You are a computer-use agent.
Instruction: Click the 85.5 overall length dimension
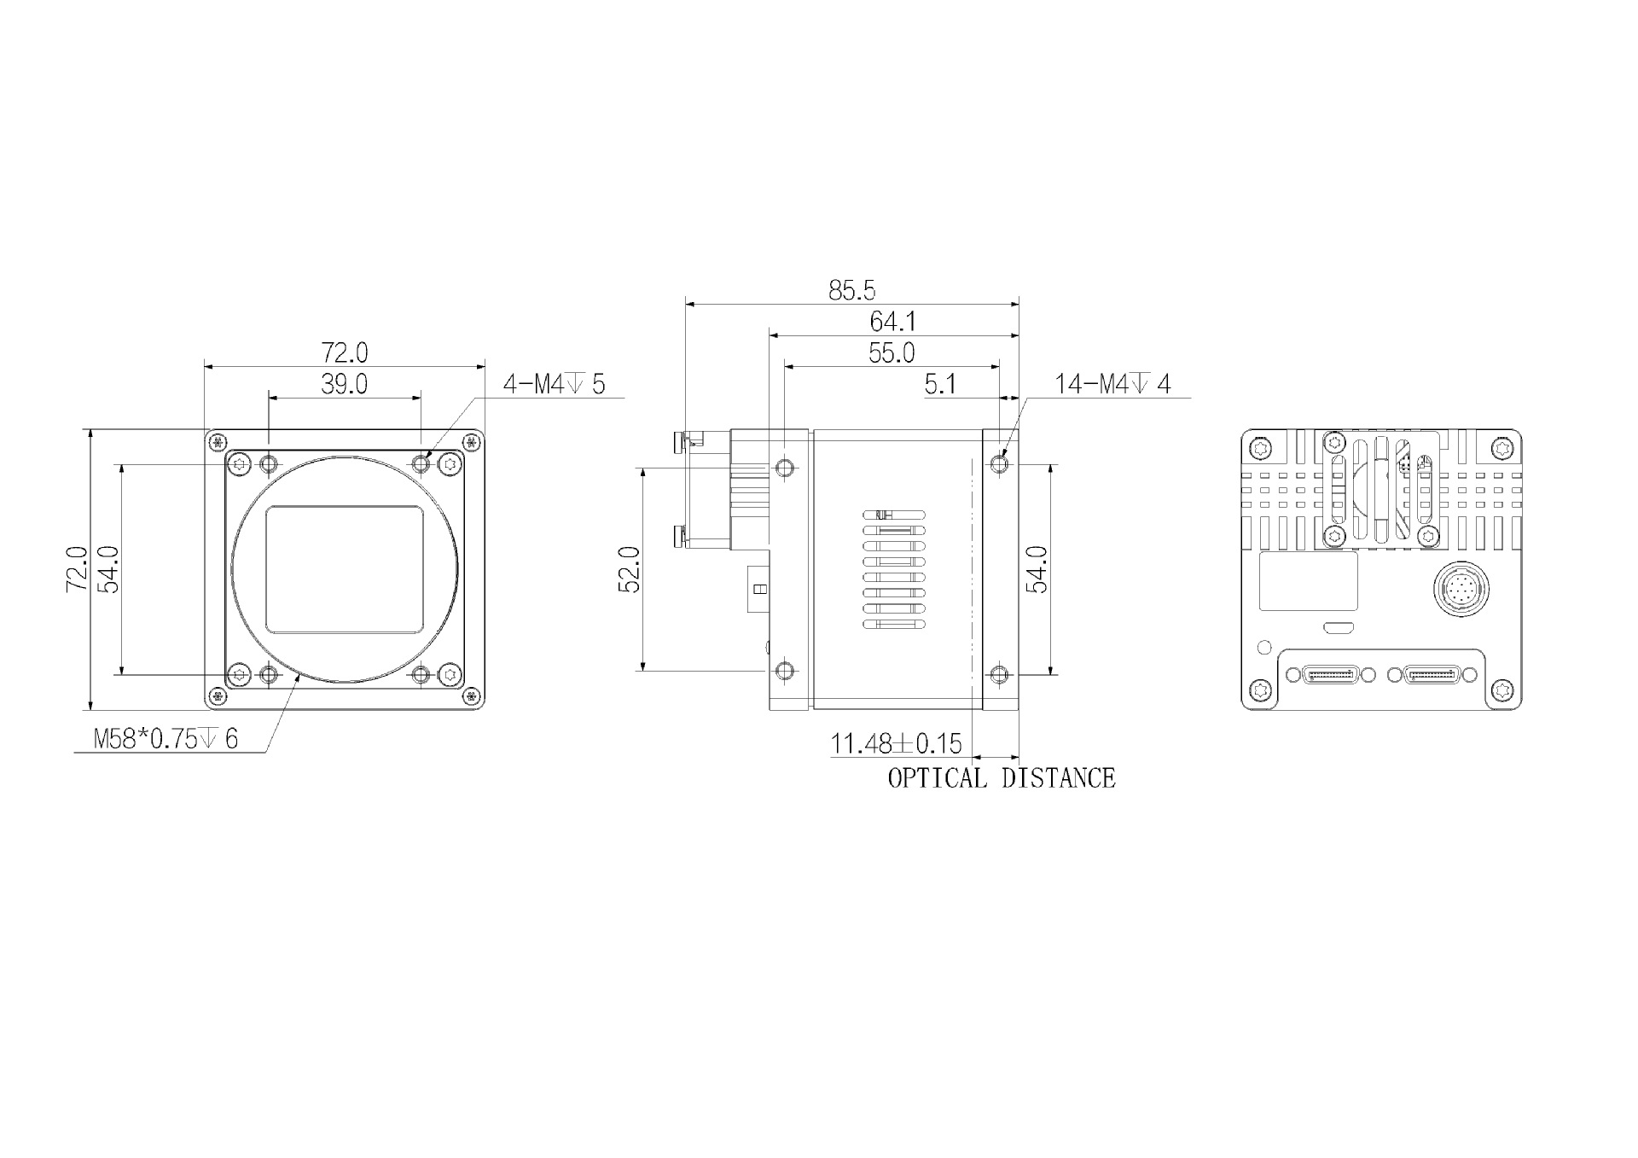click(851, 291)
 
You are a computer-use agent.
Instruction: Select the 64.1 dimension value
click(892, 322)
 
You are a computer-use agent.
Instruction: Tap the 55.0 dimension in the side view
click(892, 353)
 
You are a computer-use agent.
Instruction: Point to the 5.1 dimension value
click(940, 385)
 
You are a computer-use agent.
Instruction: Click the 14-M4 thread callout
click(1112, 385)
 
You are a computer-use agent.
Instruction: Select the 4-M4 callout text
click(554, 385)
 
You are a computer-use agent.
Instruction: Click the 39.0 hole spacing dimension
click(344, 385)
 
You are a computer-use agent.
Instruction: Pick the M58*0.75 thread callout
click(166, 739)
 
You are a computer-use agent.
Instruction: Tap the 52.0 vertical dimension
click(630, 569)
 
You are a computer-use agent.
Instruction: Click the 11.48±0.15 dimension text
click(896, 744)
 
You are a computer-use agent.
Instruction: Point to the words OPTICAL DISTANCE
click(1001, 778)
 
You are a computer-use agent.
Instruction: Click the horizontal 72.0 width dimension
click(344, 352)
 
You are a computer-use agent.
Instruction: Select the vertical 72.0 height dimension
click(77, 569)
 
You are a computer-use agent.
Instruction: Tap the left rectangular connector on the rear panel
click(1329, 675)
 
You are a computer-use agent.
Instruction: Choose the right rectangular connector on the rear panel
click(1432, 675)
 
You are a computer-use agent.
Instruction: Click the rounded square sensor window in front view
click(345, 569)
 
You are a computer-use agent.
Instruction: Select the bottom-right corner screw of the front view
click(470, 697)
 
